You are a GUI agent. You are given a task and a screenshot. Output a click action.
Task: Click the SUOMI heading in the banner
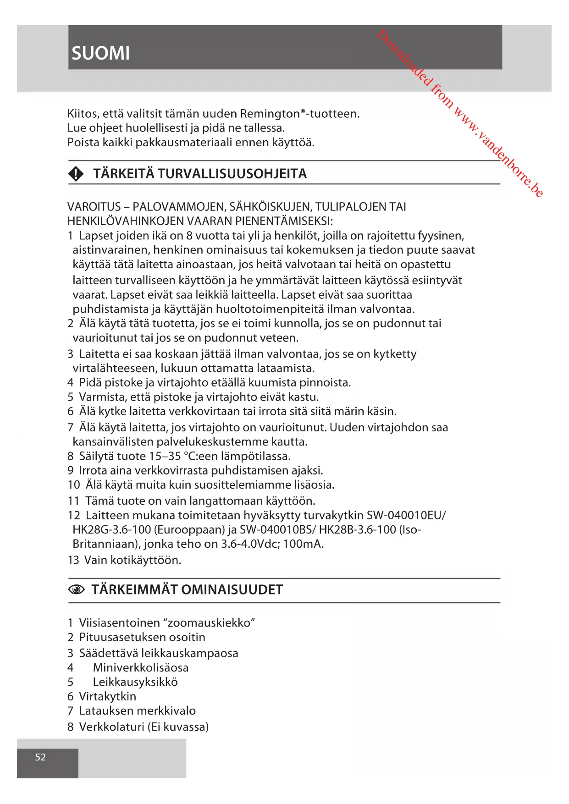100,53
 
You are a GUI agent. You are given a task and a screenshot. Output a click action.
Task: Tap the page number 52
40,757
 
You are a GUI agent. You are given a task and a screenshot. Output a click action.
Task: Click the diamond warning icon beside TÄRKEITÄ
76,174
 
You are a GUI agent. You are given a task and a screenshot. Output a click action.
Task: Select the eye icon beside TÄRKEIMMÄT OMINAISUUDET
76,589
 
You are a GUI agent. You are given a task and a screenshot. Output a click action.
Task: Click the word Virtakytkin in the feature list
108,696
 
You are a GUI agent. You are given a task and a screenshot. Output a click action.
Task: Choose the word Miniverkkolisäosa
141,667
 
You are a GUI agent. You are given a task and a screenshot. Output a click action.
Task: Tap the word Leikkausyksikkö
135,682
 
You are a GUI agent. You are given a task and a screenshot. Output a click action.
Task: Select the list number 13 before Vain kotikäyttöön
73,560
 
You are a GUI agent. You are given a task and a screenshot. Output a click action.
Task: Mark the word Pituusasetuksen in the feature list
122,637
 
